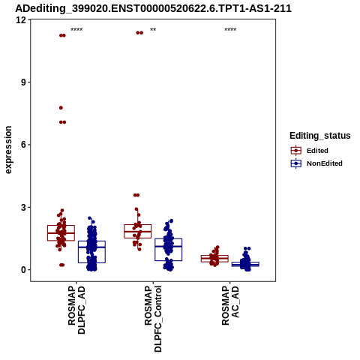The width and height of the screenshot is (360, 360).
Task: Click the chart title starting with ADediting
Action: click(153, 8)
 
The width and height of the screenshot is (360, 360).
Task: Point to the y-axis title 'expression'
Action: click(8, 150)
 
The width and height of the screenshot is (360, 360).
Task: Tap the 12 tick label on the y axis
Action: click(21, 19)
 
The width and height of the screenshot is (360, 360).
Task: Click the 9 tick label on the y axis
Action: click(24, 82)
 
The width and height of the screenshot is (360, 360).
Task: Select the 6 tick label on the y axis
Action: click(24, 145)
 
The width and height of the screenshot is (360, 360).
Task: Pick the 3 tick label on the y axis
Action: click(24, 207)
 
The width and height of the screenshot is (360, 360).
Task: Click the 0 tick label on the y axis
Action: click(24, 270)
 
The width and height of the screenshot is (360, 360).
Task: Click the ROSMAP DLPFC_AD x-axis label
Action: click(76, 310)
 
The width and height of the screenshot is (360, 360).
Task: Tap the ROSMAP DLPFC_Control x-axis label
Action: click(153, 319)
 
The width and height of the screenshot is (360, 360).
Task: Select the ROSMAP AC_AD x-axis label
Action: click(230, 305)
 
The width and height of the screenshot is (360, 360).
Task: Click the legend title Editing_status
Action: click(320, 136)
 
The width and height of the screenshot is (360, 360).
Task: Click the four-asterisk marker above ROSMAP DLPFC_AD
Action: click(76, 29)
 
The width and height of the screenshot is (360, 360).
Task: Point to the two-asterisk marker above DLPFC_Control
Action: click(153, 29)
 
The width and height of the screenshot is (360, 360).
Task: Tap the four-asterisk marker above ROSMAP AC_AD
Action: click(230, 29)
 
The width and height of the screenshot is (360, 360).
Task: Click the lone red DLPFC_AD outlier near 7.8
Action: click(61, 108)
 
